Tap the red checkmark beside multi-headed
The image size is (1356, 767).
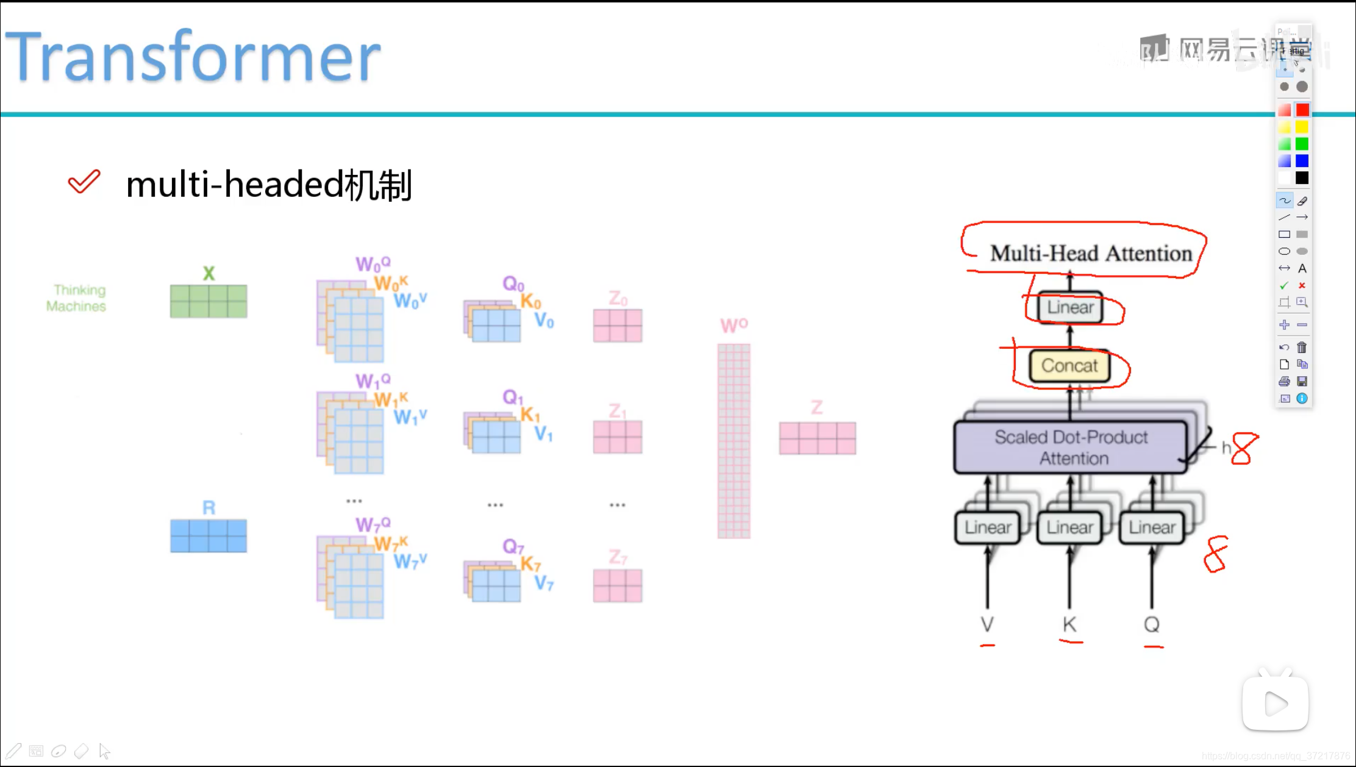click(84, 182)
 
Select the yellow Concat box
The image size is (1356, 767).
click(1069, 366)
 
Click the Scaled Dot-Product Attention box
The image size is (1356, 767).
click(1071, 448)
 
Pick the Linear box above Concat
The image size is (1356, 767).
click(1070, 307)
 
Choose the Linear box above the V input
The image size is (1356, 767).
click(988, 527)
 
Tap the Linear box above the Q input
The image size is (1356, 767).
click(1152, 527)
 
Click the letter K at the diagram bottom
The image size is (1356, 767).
click(1069, 624)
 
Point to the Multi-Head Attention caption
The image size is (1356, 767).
click(1091, 253)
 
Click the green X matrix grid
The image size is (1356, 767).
click(209, 301)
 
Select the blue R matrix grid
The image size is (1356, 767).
click(209, 536)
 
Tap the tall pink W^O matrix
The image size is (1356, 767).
click(733, 441)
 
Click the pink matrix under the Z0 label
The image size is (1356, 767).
click(617, 326)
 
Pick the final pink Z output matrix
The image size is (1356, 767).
click(817, 438)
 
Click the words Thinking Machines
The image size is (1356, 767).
click(77, 298)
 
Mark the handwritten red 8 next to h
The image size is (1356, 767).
click(1244, 449)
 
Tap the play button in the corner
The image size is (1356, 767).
click(1276, 704)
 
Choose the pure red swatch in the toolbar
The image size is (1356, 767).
click(1302, 110)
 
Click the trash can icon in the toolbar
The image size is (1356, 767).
click(1302, 348)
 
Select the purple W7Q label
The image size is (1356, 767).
click(373, 525)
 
